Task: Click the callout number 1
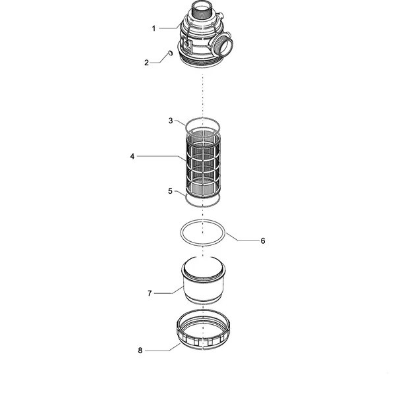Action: (154, 28)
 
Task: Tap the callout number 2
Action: (146, 63)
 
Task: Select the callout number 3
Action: (171, 121)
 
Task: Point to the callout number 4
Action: (132, 156)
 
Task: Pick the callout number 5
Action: (170, 191)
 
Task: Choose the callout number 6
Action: (263, 241)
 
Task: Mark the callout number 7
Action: (150, 293)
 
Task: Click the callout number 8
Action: (140, 351)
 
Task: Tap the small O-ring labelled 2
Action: (171, 53)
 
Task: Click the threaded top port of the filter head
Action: (202, 11)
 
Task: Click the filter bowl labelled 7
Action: (203, 280)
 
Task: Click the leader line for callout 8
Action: (163, 348)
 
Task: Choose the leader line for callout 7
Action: (169, 291)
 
